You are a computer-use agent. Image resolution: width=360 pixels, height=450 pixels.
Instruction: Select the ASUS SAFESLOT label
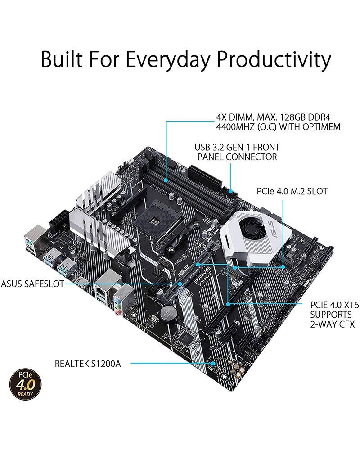32,284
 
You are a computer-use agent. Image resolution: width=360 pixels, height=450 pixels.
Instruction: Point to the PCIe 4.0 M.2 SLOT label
292,191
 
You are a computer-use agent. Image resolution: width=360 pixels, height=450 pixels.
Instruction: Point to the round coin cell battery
169,313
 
